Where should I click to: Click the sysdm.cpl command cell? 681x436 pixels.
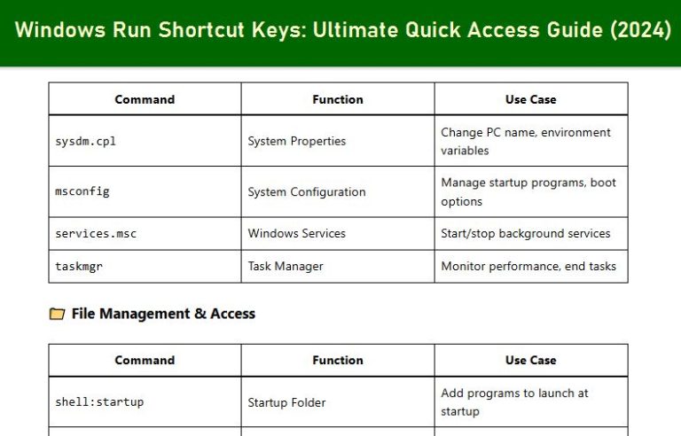[86, 141]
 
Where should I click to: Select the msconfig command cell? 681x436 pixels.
[82, 191]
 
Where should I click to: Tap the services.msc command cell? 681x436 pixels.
[96, 233]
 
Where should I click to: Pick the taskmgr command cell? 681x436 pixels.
[79, 266]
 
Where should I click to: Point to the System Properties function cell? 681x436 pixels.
[297, 141]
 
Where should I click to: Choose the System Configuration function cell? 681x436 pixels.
[307, 191]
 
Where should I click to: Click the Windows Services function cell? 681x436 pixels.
[297, 233]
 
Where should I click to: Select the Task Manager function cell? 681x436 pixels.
[286, 266]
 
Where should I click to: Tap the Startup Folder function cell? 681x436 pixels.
[287, 402]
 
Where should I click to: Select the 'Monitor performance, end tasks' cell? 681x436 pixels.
[528, 266]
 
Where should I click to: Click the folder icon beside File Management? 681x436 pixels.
[57, 314]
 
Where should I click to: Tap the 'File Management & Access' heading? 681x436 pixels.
[163, 314]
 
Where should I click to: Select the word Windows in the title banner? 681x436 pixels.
[54, 30]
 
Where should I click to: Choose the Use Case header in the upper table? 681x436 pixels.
[530, 99]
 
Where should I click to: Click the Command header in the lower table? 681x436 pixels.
[145, 360]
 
